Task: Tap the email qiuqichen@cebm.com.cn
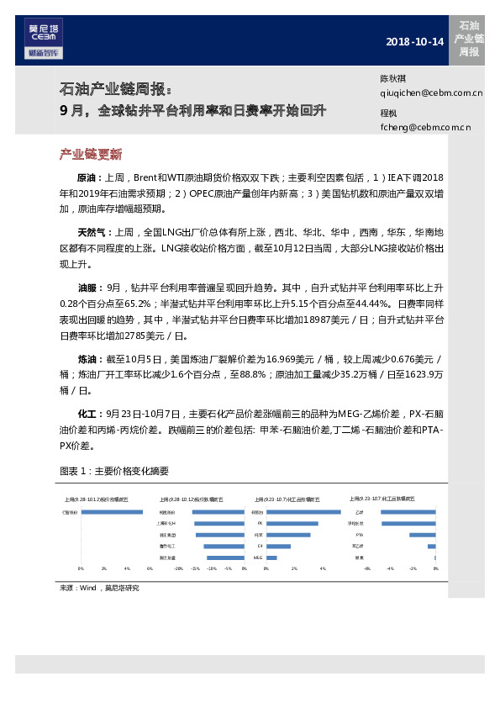click(431, 94)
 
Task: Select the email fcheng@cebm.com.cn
click(425, 128)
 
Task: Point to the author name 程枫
click(388, 112)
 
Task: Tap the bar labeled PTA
click(422, 535)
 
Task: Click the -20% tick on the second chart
click(178, 568)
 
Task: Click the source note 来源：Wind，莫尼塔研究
click(98, 588)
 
